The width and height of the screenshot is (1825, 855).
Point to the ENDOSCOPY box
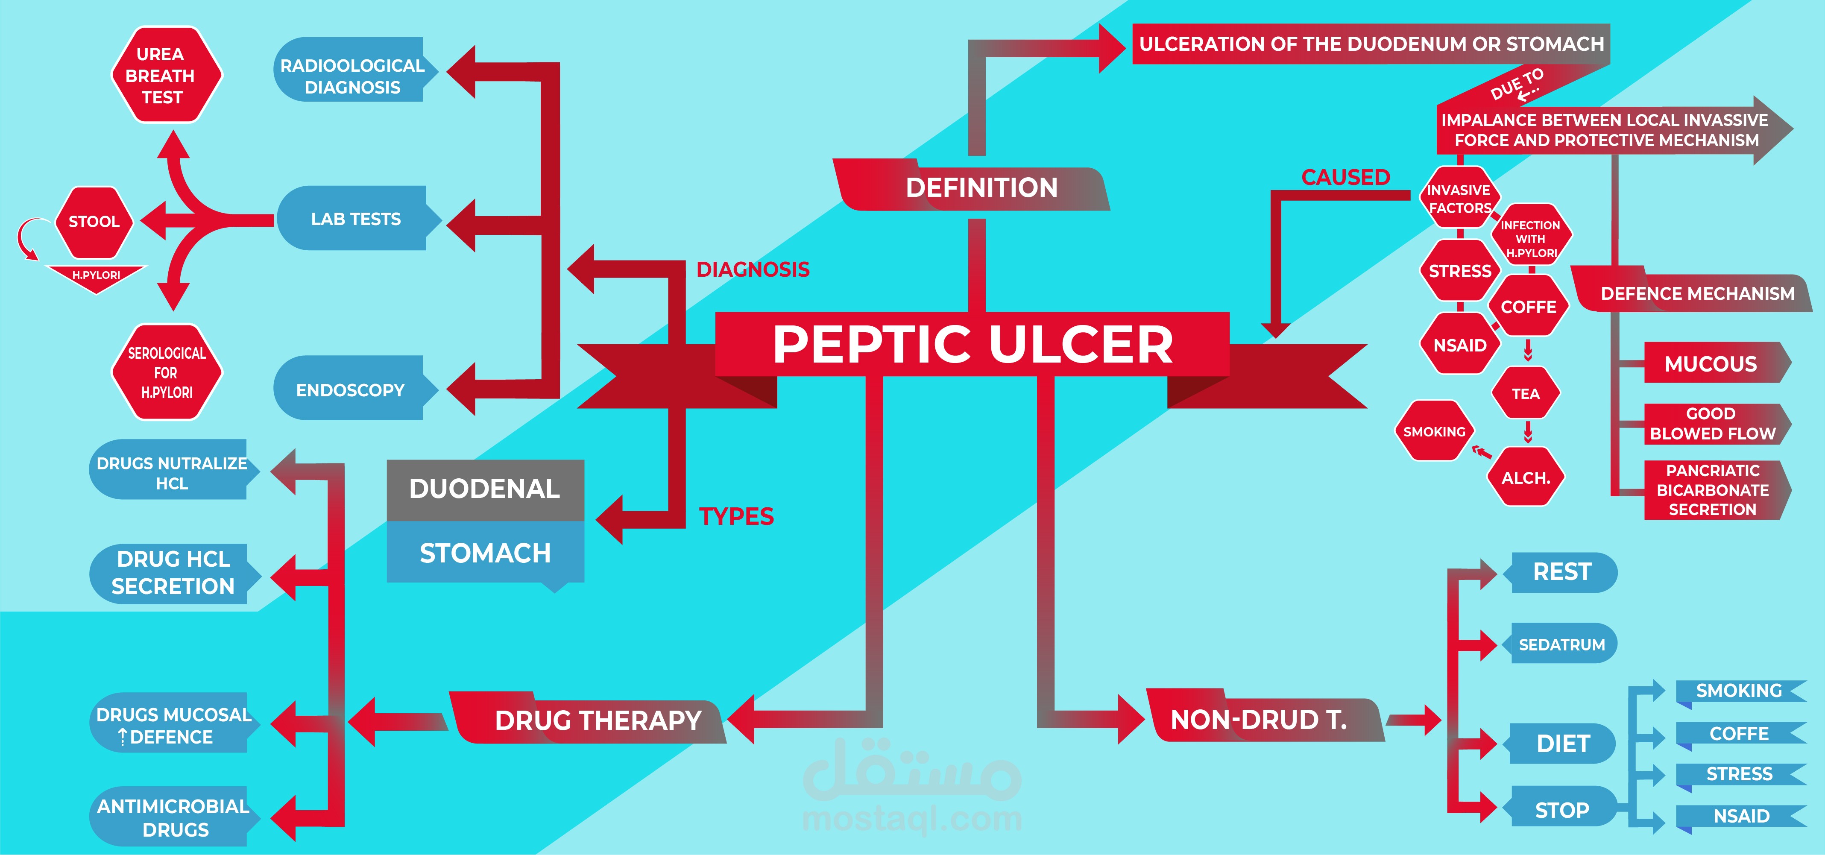coord(350,389)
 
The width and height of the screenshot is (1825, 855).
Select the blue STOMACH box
coord(485,553)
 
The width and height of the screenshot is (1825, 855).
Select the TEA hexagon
coord(1525,394)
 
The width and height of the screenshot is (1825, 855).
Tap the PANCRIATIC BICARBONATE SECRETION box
coord(1712,489)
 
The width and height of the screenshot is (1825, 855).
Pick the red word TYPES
coord(736,516)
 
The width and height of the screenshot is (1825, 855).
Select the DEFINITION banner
coord(981,188)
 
